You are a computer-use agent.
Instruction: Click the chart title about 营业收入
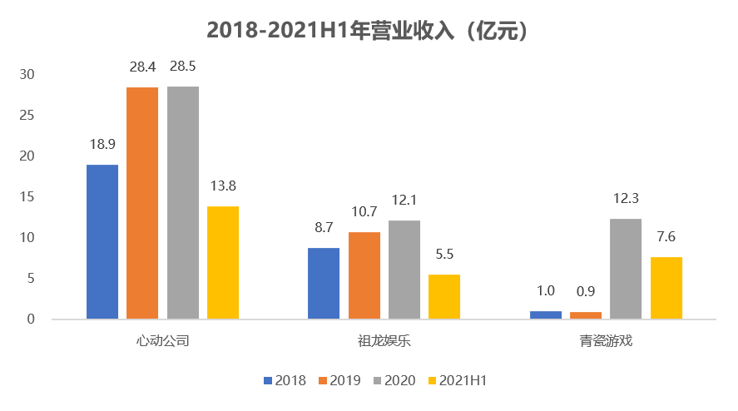pyautogui.click(x=368, y=32)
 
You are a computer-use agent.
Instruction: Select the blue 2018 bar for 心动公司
pyautogui.click(x=102, y=241)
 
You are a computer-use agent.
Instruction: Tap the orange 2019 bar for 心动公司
pyautogui.click(x=142, y=203)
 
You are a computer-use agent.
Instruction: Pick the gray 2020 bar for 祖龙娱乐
pyautogui.click(x=404, y=270)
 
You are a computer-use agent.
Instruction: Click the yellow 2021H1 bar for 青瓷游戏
pyautogui.click(x=666, y=288)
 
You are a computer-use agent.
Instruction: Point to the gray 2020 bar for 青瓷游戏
pyautogui.click(x=626, y=269)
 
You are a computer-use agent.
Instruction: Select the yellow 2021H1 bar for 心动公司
pyautogui.click(x=223, y=262)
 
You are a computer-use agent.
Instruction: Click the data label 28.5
pyautogui.click(x=182, y=67)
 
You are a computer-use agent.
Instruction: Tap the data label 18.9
pyautogui.click(x=102, y=145)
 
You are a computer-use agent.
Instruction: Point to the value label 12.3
pyautogui.click(x=626, y=199)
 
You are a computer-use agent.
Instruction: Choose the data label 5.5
pyautogui.click(x=444, y=255)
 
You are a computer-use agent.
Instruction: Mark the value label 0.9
pyautogui.click(x=586, y=291)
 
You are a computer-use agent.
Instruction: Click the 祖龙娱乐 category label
pyautogui.click(x=384, y=341)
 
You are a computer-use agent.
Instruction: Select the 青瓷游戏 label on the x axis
pyautogui.click(x=606, y=341)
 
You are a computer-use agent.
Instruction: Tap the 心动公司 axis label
pyautogui.click(x=163, y=341)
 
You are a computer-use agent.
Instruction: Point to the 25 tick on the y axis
pyautogui.click(x=27, y=115)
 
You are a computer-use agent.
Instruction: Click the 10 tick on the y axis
pyautogui.click(x=27, y=237)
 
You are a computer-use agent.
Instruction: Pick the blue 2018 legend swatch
pyautogui.click(x=268, y=380)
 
